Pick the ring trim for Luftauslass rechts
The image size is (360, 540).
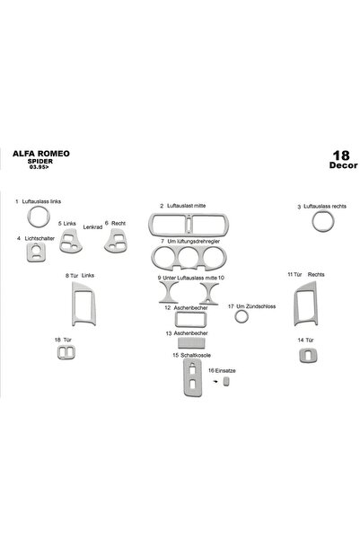(317, 221)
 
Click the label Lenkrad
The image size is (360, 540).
(92, 227)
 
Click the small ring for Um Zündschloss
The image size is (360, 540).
(241, 316)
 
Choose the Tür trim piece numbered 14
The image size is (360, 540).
(306, 356)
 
